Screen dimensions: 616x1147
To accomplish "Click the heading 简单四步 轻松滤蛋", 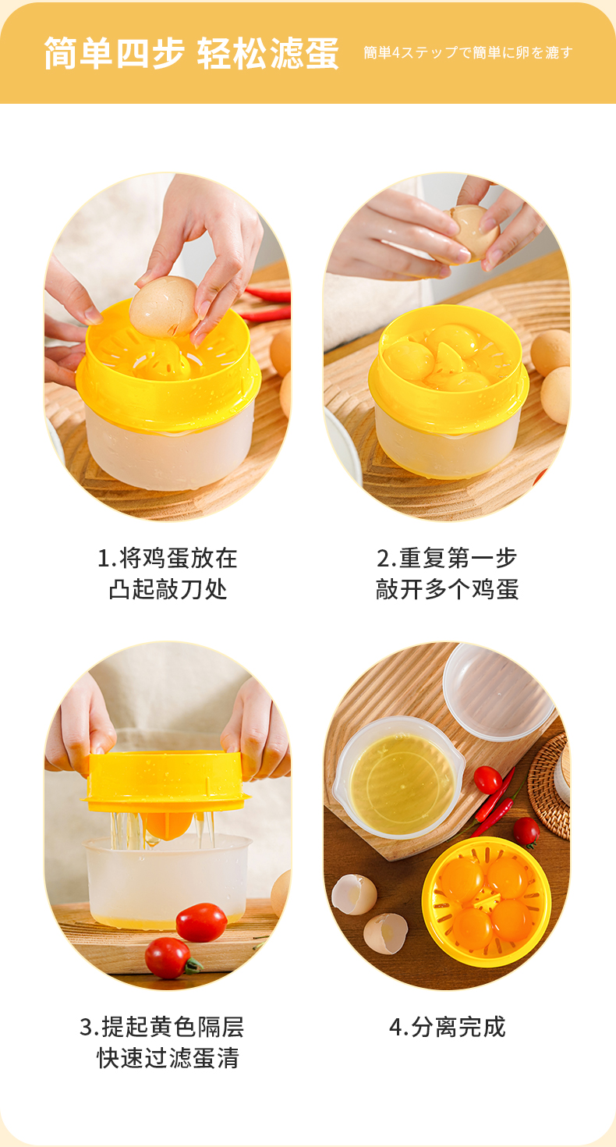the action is coord(191,53).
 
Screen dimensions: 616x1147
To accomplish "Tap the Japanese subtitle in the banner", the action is coord(468,52).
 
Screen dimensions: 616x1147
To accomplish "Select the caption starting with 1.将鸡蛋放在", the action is coord(168,573).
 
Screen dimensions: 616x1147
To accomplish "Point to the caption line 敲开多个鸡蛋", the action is coord(447,589).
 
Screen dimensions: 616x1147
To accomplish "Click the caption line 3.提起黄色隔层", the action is coord(161,1027).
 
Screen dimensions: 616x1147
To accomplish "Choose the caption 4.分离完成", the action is coord(447,1027).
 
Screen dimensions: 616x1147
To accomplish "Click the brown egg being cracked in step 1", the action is coord(165,307).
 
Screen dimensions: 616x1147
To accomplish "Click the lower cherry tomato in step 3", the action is coord(169,957).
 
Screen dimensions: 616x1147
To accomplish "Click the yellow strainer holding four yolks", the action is coord(486,902).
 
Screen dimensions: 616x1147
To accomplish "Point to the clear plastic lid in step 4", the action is coord(499,691).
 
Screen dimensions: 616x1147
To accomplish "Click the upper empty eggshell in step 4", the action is coord(354,894).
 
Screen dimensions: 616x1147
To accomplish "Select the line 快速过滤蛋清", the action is coord(168,1057).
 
